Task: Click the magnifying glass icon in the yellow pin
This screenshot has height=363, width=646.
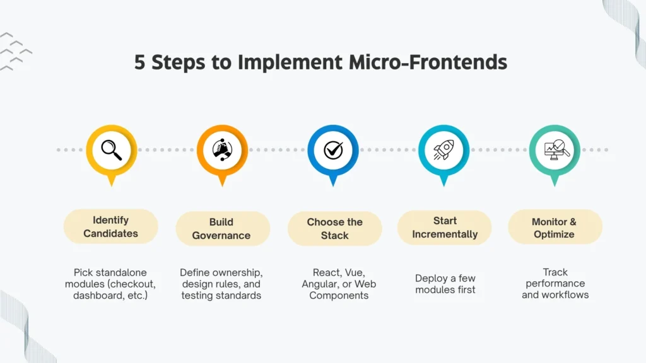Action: click(111, 150)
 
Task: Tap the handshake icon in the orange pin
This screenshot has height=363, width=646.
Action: click(222, 150)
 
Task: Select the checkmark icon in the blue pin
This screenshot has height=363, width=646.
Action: click(333, 150)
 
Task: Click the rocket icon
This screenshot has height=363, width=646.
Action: click(443, 150)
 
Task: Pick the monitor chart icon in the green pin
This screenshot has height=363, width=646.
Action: click(555, 150)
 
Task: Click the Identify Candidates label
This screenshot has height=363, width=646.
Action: click(111, 227)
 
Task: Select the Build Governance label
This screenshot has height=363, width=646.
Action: click(221, 229)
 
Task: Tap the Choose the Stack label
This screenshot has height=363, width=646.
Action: click(334, 229)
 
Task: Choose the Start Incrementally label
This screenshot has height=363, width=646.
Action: click(445, 228)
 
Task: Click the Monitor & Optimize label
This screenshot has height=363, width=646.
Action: click(554, 228)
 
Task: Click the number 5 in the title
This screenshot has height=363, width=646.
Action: click(139, 63)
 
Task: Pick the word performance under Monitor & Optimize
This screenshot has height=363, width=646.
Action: click(555, 284)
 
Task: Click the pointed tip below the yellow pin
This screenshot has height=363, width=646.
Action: click(111, 183)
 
